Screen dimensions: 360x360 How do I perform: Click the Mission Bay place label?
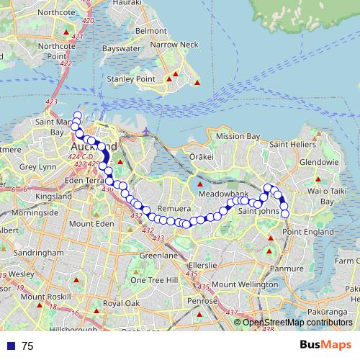pyautogui.click(x=238, y=136)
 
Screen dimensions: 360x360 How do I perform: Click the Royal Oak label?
pyautogui.click(x=121, y=303)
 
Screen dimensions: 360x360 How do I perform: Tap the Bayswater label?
pyautogui.click(x=120, y=49)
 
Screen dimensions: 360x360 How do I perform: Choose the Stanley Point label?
pyautogui.click(x=130, y=78)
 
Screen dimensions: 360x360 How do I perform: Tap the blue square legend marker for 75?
pyautogui.click(x=9, y=346)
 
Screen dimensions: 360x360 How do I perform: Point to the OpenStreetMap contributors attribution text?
pyautogui.click(x=297, y=323)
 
